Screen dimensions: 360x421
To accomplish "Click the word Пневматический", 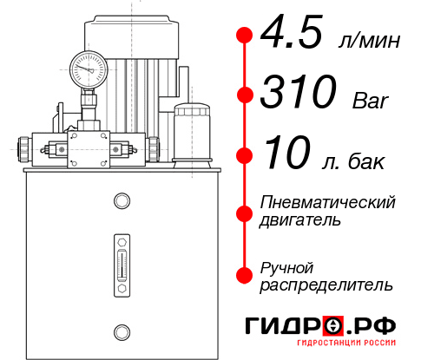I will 328,202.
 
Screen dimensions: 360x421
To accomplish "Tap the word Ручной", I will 286,267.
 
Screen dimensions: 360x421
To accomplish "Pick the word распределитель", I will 326,285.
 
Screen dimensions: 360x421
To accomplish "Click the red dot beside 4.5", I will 244,35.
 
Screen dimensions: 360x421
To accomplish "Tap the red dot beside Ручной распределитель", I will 244,275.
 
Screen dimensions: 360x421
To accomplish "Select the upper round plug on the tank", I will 122,202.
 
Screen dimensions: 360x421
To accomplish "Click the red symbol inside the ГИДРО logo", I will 333,326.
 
